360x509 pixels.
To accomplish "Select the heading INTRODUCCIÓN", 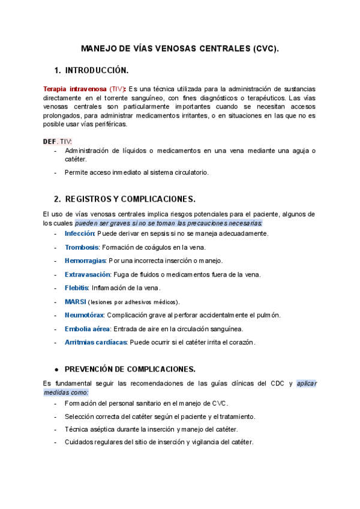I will pyautogui.click(x=97, y=70).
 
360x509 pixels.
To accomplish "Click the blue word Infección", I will pyautogui.click(x=80, y=233).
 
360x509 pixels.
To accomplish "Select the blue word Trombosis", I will pyautogui.click(x=82, y=247).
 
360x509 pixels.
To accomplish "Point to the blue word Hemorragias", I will pyautogui.click(x=85, y=261).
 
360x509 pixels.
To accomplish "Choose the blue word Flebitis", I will pyautogui.click(x=77, y=288).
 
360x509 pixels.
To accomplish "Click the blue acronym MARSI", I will pyautogui.click(x=76, y=301).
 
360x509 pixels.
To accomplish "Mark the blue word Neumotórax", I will pyautogui.click(x=85, y=315).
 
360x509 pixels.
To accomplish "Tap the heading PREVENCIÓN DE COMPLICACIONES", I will pyautogui.click(x=130, y=369).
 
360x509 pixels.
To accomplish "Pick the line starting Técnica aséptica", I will pyautogui.click(x=151, y=429).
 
